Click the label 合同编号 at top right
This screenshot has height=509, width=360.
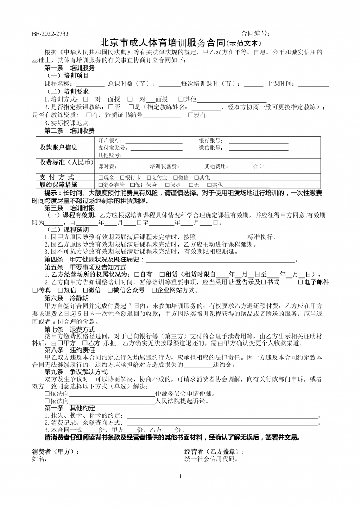[x=256, y=33]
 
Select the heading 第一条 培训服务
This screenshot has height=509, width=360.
[x=69, y=68]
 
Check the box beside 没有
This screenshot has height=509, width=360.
[x=190, y=115]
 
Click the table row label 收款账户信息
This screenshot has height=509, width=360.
[x=58, y=147]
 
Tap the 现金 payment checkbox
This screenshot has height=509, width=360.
[x=100, y=177]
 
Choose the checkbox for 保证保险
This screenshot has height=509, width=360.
[x=132, y=185]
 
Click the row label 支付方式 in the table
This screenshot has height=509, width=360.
[x=57, y=177]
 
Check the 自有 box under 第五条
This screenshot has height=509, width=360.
[x=136, y=275]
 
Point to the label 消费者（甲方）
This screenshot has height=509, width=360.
[x=55, y=451]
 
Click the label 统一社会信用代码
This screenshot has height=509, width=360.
[x=211, y=459]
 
